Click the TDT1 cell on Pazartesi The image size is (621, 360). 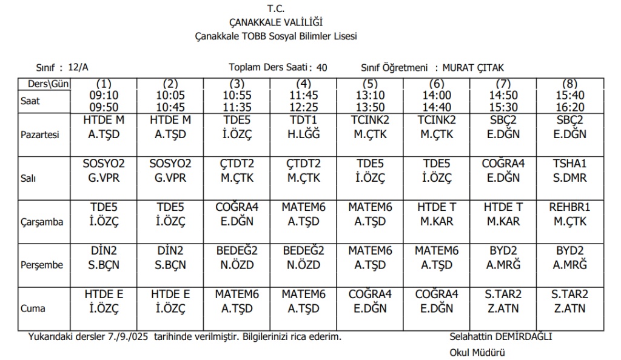pos(304,127)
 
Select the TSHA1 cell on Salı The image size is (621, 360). pos(570,170)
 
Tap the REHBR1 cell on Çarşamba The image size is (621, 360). pos(570,214)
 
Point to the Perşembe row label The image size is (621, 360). pos(40,265)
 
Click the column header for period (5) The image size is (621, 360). pos(371,84)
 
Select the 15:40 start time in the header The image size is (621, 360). pos(570,95)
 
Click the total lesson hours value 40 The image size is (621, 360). pos(321,67)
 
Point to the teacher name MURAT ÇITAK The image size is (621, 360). pos(473,67)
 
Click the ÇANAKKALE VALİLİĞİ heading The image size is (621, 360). pos(276,23)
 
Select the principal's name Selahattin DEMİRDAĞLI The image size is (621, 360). pos(501,336)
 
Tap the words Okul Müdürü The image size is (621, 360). pos(477,352)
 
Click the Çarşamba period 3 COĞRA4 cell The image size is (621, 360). pos(237,214)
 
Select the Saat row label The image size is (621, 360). pos(30,101)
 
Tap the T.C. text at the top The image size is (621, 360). pos(276,9)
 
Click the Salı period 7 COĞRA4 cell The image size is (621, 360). pos(503,170)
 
